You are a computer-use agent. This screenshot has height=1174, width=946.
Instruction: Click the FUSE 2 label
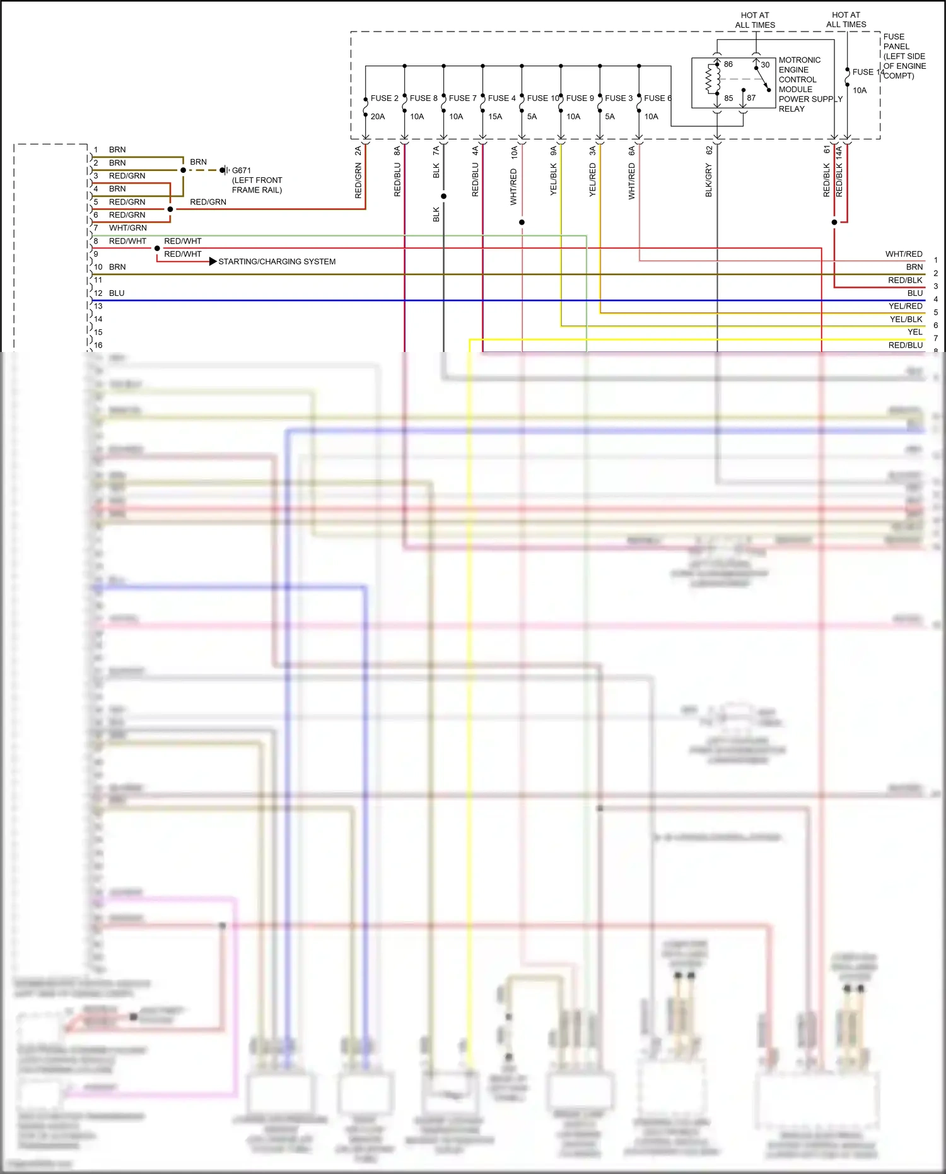(x=384, y=98)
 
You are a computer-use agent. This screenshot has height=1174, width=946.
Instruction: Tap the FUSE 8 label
(x=423, y=98)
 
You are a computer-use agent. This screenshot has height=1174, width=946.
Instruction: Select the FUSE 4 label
(x=501, y=98)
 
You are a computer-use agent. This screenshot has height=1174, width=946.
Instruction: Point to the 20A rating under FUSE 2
(x=378, y=117)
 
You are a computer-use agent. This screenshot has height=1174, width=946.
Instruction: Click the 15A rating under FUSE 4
(x=495, y=117)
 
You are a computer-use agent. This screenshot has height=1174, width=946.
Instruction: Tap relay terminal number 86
(x=728, y=64)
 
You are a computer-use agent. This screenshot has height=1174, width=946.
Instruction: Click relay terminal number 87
(x=751, y=98)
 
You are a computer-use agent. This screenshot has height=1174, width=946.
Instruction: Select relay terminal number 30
(x=765, y=65)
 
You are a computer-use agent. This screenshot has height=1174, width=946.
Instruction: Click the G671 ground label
(x=242, y=170)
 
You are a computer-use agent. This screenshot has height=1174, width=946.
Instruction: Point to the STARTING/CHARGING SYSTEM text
(x=277, y=262)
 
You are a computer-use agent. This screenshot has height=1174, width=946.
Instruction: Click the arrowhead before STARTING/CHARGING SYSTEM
(x=213, y=261)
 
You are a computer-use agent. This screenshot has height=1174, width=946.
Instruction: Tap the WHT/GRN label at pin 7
(x=128, y=228)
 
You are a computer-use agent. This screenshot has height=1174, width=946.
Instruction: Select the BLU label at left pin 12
(x=117, y=293)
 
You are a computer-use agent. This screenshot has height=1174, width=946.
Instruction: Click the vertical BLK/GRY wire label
(x=709, y=180)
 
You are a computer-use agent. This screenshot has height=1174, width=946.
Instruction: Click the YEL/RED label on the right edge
(x=905, y=307)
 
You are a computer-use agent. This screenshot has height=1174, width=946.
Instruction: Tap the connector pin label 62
(x=709, y=151)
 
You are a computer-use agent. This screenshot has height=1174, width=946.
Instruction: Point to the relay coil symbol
(x=713, y=79)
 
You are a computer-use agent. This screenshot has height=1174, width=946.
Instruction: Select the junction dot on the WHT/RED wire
(x=522, y=222)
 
